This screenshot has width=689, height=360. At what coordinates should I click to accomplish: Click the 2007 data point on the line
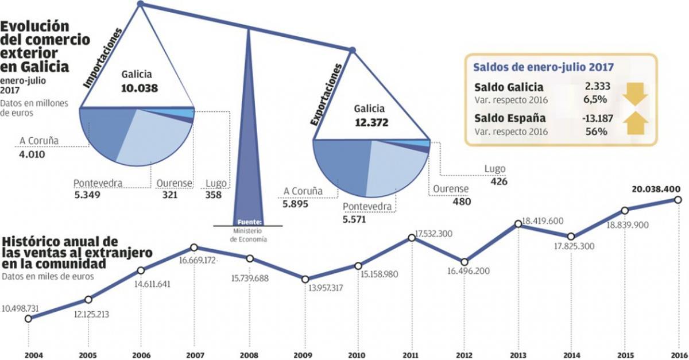pyautogui.click(x=193, y=247)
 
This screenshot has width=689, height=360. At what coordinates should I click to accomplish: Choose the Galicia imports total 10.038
pyautogui.click(x=139, y=88)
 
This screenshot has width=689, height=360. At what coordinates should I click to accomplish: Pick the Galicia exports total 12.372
pyautogui.click(x=371, y=122)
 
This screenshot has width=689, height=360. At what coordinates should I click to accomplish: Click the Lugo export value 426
pyautogui.click(x=500, y=181)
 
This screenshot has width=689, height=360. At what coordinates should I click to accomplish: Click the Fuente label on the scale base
pyautogui.click(x=249, y=222)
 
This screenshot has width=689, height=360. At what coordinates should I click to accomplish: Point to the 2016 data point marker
pyautogui.click(x=678, y=200)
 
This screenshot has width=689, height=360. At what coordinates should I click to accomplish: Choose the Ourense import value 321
pyautogui.click(x=169, y=195)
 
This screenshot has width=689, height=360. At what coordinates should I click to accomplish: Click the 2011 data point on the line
pyautogui.click(x=411, y=237)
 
